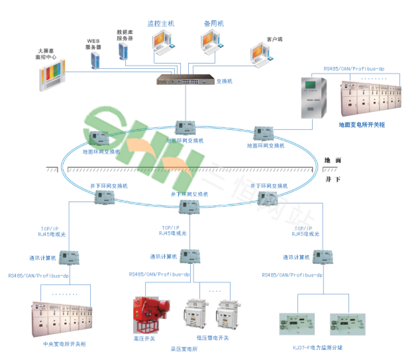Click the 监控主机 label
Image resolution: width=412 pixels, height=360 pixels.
(160, 23)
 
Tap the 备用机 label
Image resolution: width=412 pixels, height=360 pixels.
(214, 23)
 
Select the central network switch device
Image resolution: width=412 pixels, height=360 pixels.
(185, 80)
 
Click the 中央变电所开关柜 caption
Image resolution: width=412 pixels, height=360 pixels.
(64, 344)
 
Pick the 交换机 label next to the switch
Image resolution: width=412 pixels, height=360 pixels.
(225, 81)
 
